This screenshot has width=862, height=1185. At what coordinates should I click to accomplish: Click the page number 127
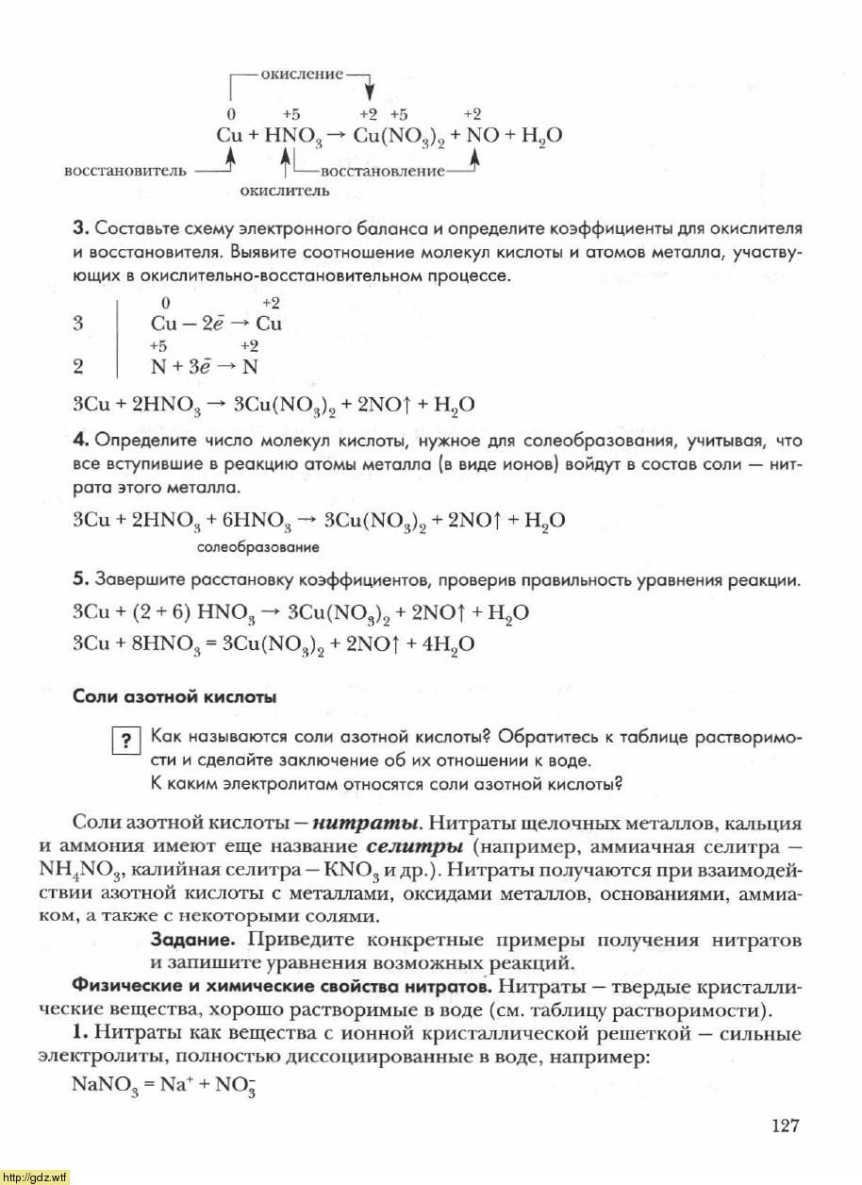pyautogui.click(x=785, y=1126)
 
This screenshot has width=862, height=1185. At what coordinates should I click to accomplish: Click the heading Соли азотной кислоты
pyautogui.click(x=174, y=698)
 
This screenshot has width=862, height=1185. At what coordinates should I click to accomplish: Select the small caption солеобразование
pyautogui.click(x=258, y=546)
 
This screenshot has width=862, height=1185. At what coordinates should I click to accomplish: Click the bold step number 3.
pyautogui.click(x=79, y=228)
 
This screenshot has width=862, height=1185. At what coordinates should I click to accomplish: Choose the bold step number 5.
pyautogui.click(x=79, y=580)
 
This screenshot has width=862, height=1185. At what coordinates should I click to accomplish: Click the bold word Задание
pyautogui.click(x=191, y=941)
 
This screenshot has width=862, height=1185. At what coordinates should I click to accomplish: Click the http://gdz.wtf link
pyautogui.click(x=36, y=1177)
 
